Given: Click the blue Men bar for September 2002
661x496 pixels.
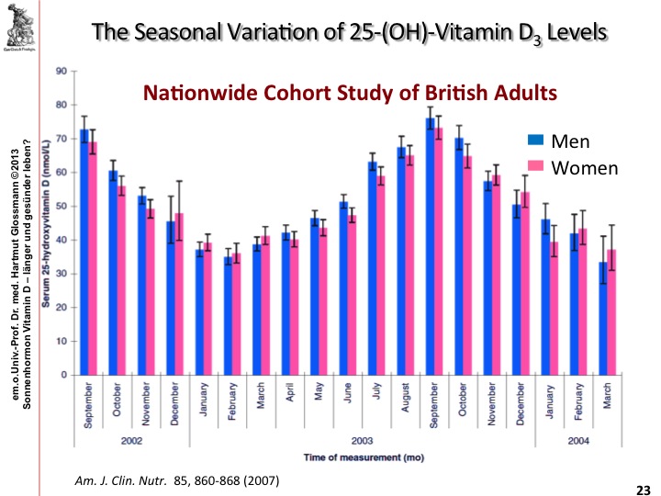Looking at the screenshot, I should pos(84,253).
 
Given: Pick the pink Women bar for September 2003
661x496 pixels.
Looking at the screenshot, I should pos(439,251).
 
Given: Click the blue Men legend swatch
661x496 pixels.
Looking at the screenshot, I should pos(536,141).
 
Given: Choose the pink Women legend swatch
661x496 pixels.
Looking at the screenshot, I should pos(536,167).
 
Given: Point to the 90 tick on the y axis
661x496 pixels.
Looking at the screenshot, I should pos(61,71).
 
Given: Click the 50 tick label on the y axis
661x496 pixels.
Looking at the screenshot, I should pos(61,206).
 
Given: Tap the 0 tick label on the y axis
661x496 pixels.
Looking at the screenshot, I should pos(63,375).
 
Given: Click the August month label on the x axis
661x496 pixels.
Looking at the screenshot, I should pos(401,401).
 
